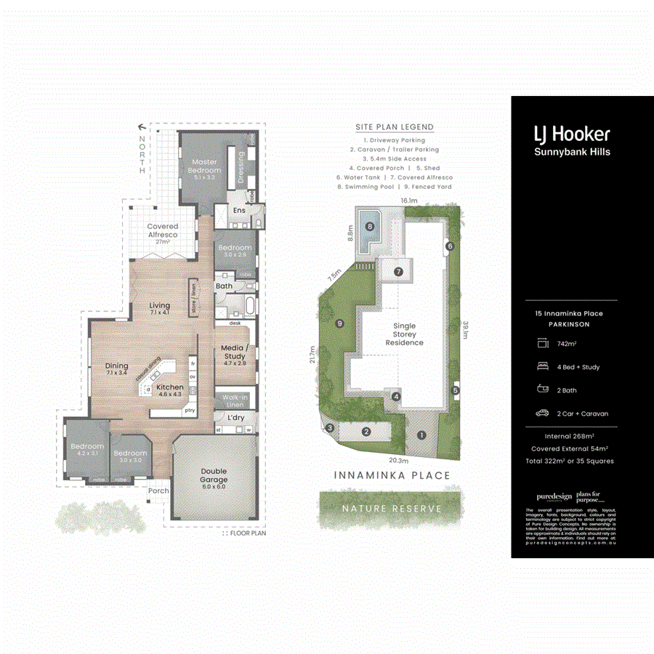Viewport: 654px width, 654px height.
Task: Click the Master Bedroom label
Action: [206, 166]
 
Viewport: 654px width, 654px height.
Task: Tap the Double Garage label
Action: [214, 475]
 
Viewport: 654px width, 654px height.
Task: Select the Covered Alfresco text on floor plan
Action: [162, 231]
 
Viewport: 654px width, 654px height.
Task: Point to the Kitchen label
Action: [170, 388]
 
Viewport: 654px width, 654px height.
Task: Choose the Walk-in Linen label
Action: [235, 401]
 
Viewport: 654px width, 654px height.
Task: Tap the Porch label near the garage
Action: [158, 490]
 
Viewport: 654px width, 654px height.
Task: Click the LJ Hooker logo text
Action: [572, 134]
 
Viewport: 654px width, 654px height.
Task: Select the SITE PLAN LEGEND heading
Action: [395, 127]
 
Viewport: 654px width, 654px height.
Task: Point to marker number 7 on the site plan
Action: [398, 271]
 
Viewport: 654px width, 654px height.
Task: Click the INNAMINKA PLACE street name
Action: [392, 476]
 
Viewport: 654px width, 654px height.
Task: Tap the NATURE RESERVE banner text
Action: [392, 509]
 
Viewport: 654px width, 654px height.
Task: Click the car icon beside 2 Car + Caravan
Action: [541, 413]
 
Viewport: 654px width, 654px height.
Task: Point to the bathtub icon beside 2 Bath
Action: [541, 390]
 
